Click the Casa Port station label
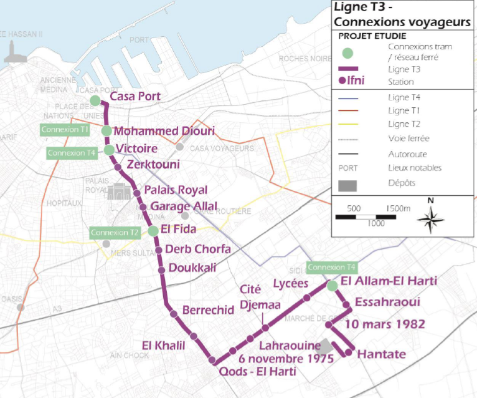(x=135, y=97)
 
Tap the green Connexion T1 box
(x=65, y=130)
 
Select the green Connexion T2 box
(x=114, y=233)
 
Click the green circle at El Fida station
(x=153, y=231)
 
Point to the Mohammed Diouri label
(x=164, y=132)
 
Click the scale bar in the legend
(x=365, y=216)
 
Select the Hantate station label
(x=382, y=354)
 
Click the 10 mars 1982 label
(x=384, y=324)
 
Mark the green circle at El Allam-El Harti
(x=333, y=286)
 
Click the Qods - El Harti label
(x=257, y=371)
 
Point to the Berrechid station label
(x=208, y=311)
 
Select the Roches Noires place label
(x=305, y=58)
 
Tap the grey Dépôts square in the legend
(x=351, y=184)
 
